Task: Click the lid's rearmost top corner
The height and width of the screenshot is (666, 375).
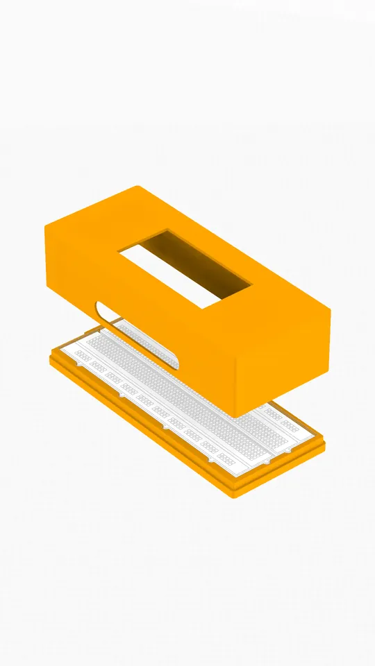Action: point(139,187)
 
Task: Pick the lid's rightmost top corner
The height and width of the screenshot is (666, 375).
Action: point(329,310)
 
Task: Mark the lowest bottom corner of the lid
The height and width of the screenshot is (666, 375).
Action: point(237,416)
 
